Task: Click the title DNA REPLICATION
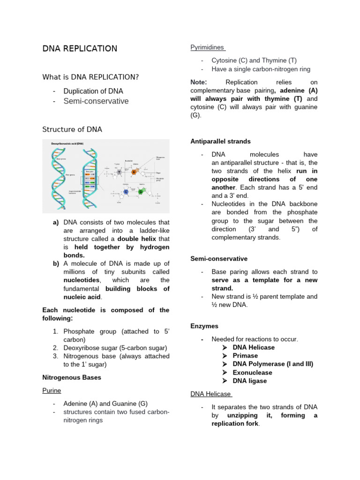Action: (80, 49)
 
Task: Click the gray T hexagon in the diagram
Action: (120, 173)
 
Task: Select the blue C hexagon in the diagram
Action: (126, 192)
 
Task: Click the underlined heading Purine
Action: (52, 390)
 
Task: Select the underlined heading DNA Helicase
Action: (210, 394)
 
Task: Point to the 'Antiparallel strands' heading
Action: (220, 141)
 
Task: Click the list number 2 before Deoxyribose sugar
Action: (55, 348)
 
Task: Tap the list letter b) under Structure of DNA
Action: (55, 263)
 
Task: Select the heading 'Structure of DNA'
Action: (72, 129)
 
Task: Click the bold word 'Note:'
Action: (199, 82)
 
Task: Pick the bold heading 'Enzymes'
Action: (204, 326)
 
